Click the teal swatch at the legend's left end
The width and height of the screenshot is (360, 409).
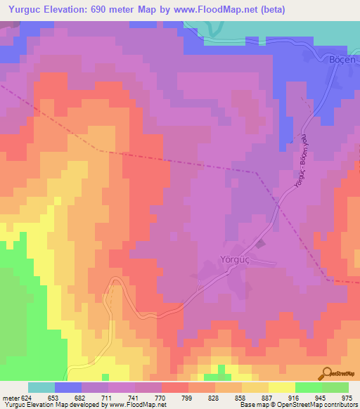[x=41, y=387]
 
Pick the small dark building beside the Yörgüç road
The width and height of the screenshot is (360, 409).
[x=261, y=244]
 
